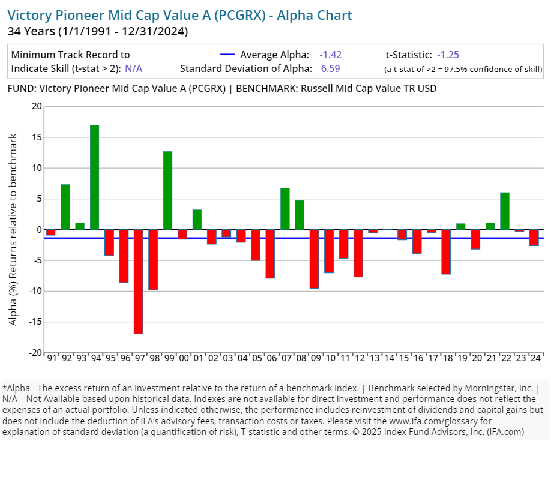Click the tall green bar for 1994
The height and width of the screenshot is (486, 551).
pos(95,177)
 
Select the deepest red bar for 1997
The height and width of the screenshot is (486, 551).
pos(139,281)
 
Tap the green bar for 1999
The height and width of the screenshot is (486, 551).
pos(168,190)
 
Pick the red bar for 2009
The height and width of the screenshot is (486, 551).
pos(315,259)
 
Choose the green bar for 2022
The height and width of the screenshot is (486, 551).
pos(505,211)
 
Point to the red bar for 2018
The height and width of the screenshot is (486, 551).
pos(446,251)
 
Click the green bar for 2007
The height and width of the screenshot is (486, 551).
pos(285,209)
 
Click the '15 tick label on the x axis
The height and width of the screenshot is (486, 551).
pos(403,358)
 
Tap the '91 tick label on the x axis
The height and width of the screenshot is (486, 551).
pos(52,358)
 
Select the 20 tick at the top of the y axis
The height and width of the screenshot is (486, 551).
pos(37,107)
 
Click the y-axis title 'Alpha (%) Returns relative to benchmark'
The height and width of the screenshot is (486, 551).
pos(13,230)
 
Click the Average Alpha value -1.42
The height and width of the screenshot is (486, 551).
pos(330,55)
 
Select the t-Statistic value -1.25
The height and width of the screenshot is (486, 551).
pos(448,55)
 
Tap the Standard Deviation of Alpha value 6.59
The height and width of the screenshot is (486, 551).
pos(330,68)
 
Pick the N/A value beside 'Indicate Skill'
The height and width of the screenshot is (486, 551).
pos(134,68)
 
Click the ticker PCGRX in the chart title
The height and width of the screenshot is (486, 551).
pos(245,15)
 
